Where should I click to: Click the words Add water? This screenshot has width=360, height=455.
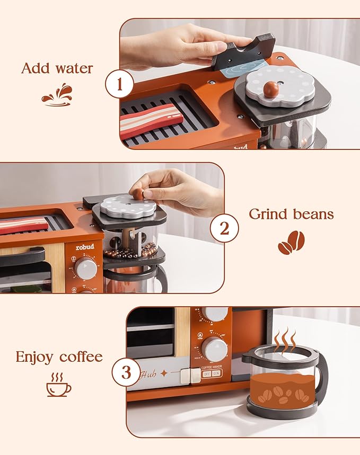(57, 68)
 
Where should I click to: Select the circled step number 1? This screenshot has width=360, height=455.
(119, 84)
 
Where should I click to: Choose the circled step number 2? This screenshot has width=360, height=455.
(224, 229)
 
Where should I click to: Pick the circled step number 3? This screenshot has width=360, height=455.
(126, 372)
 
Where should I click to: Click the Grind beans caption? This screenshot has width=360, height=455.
(291, 214)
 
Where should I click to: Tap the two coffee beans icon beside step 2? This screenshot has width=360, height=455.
(291, 242)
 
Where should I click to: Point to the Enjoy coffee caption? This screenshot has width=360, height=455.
(59, 356)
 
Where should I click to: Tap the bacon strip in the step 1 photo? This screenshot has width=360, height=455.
(151, 120)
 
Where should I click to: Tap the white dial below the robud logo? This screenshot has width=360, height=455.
(86, 269)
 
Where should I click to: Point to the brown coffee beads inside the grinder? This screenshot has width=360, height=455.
(130, 252)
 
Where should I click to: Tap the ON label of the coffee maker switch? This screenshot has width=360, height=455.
(217, 373)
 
